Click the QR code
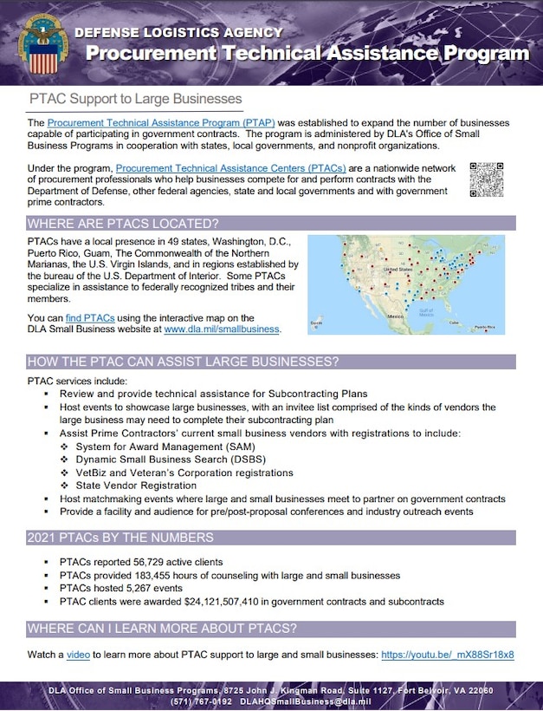pos(486,179)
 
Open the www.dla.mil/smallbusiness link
pos(221,329)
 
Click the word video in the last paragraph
pos(81,655)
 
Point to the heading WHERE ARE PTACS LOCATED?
pos(122,223)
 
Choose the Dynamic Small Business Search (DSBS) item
pos(171,460)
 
